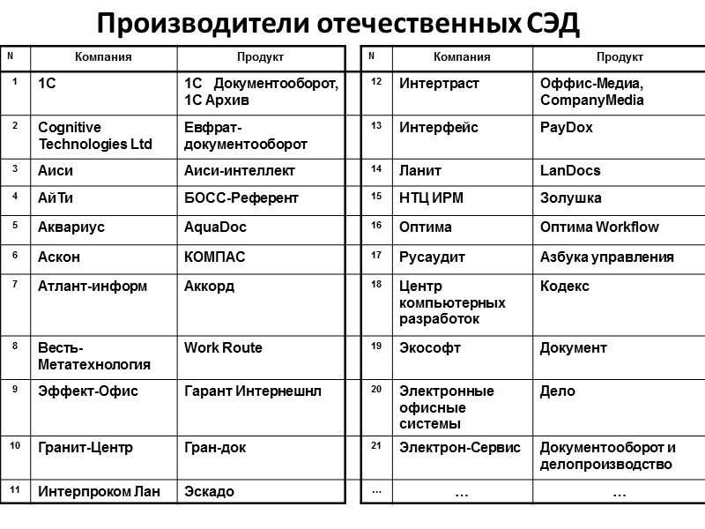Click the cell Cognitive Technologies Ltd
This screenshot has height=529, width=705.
click(95, 135)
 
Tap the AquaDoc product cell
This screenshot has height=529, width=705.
click(215, 227)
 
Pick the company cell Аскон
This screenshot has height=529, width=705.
click(59, 257)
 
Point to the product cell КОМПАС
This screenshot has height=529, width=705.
click(215, 257)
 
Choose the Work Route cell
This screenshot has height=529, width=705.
click(223, 347)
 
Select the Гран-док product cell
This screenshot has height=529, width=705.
click(215, 447)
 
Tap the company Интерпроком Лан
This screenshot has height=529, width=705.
click(99, 491)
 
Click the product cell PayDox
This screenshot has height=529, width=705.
click(567, 127)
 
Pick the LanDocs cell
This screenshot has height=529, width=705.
click(570, 170)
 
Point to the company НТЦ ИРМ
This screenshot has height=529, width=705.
click(431, 198)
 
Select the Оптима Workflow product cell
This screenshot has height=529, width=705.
click(599, 227)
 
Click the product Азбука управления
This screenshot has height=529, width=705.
click(607, 257)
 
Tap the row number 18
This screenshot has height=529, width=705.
click(375, 286)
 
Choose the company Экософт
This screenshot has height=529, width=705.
click(430, 347)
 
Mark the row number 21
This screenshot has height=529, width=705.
click(375, 445)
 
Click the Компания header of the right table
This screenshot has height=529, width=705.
click(462, 57)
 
